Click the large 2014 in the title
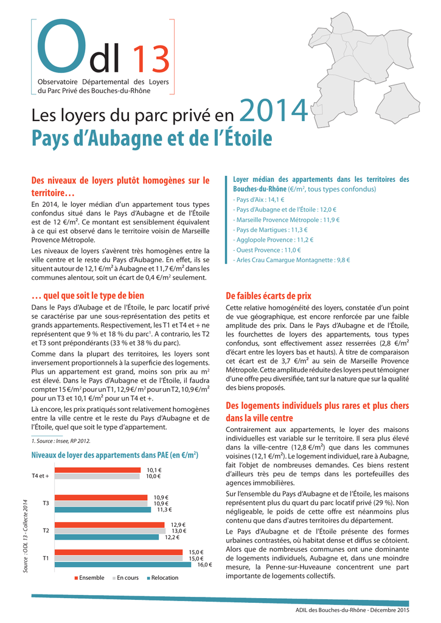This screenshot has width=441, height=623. tap(274, 110)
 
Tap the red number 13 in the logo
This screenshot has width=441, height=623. tap(151, 59)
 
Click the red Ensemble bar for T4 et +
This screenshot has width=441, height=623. tap(98, 470)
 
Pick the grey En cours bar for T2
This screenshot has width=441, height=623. tap(110, 531)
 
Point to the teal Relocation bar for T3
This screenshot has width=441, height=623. tap(103, 510)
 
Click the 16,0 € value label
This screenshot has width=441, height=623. tap(204, 565)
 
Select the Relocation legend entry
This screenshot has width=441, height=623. tap(162, 578)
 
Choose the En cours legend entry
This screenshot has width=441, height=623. tap(125, 578)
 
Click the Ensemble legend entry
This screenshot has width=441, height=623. tap(89, 578)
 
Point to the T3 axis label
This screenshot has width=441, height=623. tap(46, 503)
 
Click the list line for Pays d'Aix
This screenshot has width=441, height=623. tap(259, 200)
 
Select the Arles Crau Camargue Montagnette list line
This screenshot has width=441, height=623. tap(291, 260)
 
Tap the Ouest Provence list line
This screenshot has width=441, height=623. tap(267, 250)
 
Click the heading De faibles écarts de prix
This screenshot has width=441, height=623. tap(269, 296)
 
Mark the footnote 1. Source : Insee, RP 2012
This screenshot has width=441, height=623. tap(61, 440)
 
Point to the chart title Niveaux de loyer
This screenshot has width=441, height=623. tap(115, 455)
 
